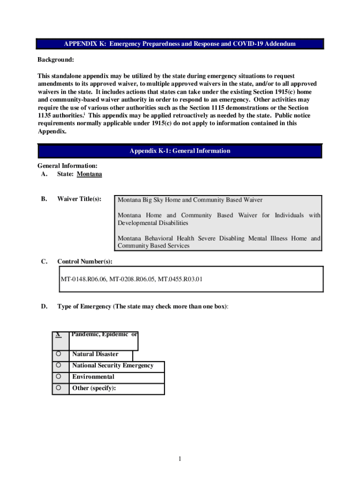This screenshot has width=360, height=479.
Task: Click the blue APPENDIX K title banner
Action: pos(180,44)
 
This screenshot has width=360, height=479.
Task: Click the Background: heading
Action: pos(56,60)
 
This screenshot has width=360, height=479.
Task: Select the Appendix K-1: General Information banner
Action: pos(180,151)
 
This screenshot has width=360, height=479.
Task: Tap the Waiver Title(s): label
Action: pos(79,199)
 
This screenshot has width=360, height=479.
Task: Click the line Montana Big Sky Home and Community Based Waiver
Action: pos(190,200)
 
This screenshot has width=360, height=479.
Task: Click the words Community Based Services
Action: pos(153,246)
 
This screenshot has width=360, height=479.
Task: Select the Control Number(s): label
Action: pos(85,261)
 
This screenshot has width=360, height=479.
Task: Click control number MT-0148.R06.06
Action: pos(84,280)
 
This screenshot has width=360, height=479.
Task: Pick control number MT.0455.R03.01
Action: pos(180,280)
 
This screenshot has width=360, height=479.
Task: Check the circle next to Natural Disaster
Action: pos(59,354)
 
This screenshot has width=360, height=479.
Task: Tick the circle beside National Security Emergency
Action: pos(59,365)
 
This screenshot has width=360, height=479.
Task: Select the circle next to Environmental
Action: pos(59,377)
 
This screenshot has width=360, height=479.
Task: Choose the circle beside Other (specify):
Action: pos(59,388)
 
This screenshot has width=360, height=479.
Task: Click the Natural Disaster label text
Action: pos(95,354)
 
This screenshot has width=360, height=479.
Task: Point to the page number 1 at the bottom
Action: pos(180,459)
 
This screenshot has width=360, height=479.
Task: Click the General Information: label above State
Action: pos(67,166)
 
